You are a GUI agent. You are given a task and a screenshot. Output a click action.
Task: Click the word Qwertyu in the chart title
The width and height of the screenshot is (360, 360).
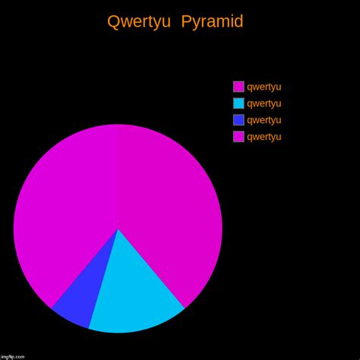(139, 22)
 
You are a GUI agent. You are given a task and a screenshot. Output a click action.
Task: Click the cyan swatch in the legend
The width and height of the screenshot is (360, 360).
(238, 103)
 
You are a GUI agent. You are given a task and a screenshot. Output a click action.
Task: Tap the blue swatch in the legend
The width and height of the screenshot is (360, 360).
(238, 120)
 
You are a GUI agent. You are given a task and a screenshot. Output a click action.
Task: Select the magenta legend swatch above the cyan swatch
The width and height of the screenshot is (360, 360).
(238, 87)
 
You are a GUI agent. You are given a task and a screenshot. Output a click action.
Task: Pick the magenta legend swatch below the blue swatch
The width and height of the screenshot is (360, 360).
(238, 137)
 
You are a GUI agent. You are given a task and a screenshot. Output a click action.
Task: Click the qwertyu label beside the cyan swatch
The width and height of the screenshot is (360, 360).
(264, 103)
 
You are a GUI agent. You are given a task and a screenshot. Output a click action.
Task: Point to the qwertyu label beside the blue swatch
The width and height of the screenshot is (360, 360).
(264, 120)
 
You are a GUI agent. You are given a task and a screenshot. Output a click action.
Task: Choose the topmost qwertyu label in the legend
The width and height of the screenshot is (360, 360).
(264, 87)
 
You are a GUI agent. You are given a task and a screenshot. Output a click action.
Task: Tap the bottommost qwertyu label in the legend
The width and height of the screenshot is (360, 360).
(264, 137)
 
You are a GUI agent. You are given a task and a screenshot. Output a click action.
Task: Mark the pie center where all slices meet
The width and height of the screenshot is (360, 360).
(118, 229)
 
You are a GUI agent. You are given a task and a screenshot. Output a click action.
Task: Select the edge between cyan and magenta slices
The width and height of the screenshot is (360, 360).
(151, 268)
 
